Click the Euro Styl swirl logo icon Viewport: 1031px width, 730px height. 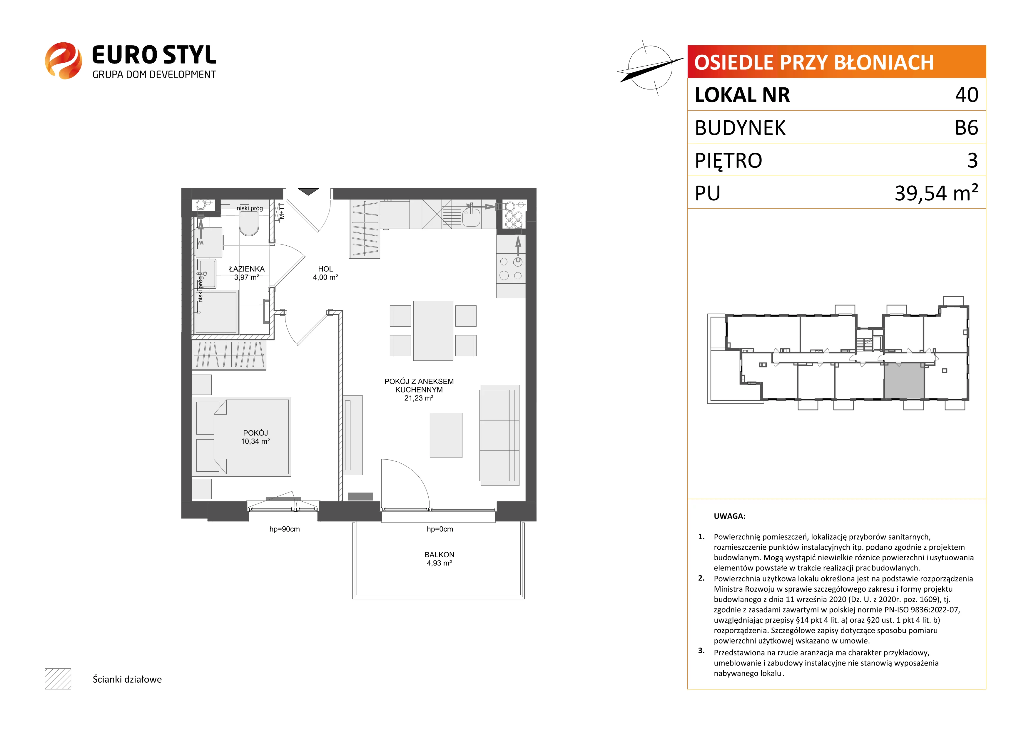[63, 61]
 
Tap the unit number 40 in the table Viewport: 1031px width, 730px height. [967, 95]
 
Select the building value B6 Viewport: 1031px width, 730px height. [967, 128]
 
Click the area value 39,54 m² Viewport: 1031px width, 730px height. [936, 193]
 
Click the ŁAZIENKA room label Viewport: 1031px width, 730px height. [247, 269]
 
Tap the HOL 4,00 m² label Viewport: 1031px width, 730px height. [325, 273]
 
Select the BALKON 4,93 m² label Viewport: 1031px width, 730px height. [440, 559]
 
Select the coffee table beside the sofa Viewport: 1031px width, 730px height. [446, 435]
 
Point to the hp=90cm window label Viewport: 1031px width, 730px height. [285, 529]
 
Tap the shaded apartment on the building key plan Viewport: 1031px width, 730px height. [904, 381]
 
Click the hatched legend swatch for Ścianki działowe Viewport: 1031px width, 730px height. [58, 679]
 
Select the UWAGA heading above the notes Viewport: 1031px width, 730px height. [730, 516]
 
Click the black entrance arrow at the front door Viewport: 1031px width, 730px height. [308, 192]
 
